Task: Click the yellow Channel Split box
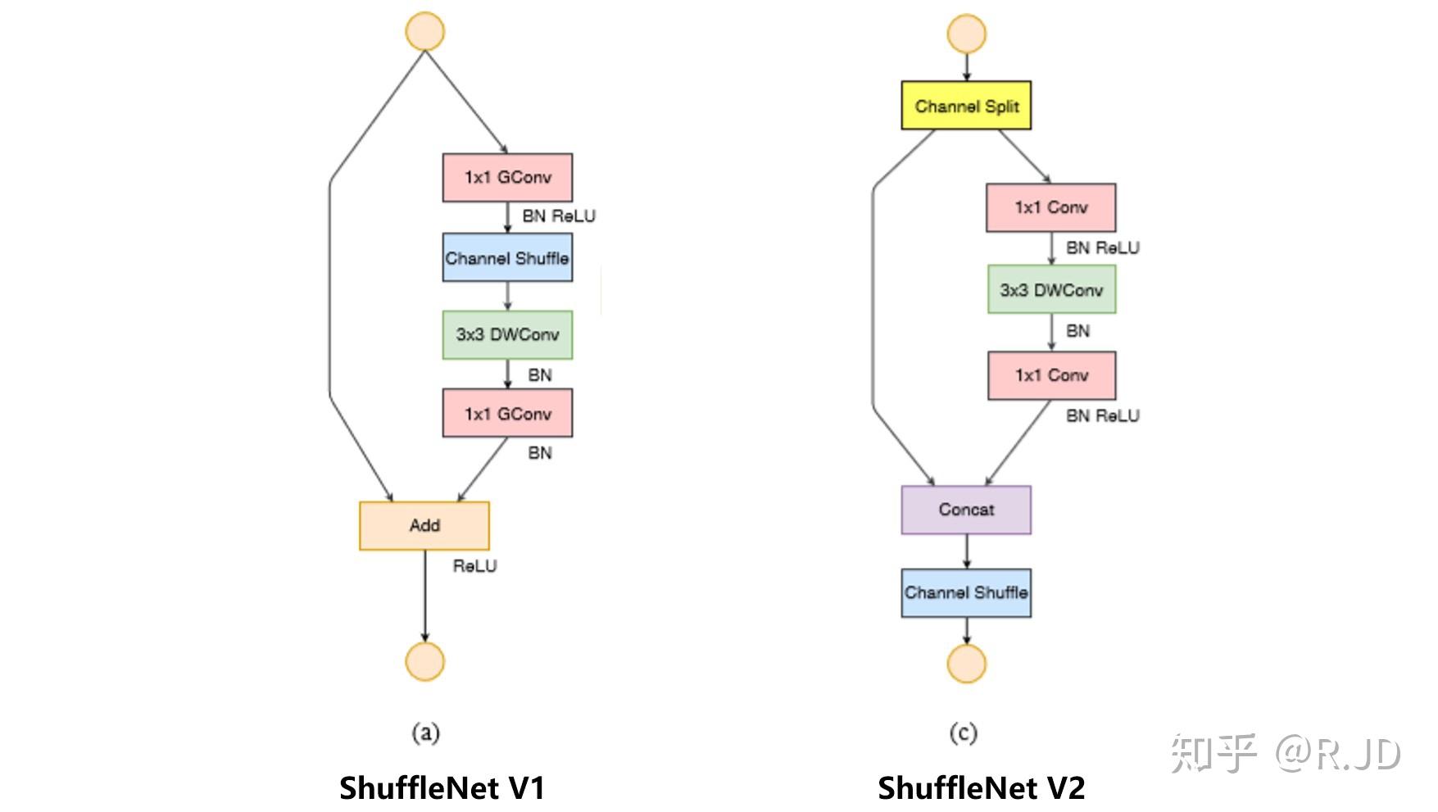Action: [966, 106]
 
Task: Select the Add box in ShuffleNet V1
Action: [424, 525]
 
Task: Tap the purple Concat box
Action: [966, 510]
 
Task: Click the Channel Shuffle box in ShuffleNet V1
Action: [507, 258]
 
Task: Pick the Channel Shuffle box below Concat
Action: [966, 592]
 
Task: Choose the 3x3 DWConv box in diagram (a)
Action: [507, 334]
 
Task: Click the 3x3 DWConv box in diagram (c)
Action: [1051, 290]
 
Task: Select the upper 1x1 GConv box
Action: [507, 177]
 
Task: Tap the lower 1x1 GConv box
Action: [507, 414]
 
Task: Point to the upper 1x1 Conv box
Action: [1050, 207]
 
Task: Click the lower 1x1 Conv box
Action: [1051, 375]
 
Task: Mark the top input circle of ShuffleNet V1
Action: [425, 32]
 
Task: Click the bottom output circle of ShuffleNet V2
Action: [967, 664]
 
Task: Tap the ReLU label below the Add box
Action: [474, 566]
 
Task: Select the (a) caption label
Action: [425, 732]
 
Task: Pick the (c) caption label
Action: [964, 732]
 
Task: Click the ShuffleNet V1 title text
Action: [442, 788]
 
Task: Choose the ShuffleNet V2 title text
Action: [981, 788]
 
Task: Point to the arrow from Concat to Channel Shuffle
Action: [967, 551]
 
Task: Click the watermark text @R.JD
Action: [1336, 753]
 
